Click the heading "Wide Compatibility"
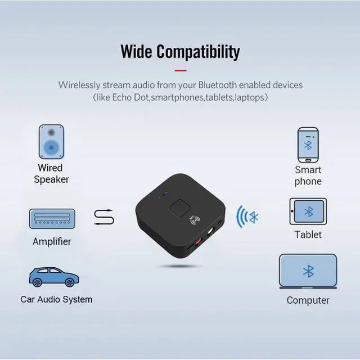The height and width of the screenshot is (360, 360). coord(180,52)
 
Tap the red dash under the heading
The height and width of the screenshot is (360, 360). coord(180,70)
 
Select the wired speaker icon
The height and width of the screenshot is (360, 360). coord(51,141)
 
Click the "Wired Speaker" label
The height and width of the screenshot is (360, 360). coord(51,174)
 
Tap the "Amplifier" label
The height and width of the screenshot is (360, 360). coord(52,241)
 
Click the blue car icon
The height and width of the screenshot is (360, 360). coord(53,277)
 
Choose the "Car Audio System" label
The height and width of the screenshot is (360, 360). coord(56,299)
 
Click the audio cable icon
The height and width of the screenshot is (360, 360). coord(104,217)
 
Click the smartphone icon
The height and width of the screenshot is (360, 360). coord(308,145)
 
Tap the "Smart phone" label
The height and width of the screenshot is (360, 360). coord(308,175)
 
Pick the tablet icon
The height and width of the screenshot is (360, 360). coord(308,212)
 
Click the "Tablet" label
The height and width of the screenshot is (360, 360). coord(308,234)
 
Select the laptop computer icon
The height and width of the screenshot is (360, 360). coord(308,273)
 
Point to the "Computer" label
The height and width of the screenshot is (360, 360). coord(308,300)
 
